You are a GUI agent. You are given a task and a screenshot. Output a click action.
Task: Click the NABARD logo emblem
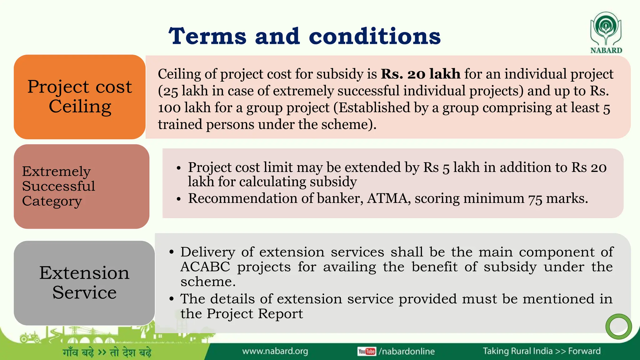pos(606,29)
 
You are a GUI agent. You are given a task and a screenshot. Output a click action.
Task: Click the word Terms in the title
pos(207,36)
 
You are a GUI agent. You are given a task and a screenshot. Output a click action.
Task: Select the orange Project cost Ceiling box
pos(80,97)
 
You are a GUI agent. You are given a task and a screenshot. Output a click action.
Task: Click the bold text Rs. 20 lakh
pos(420,74)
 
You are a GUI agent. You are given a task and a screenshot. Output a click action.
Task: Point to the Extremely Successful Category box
pos(81,186)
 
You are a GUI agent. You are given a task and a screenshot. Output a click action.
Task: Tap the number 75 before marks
pos(535,199)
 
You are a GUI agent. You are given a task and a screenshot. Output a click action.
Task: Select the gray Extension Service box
pos(84,282)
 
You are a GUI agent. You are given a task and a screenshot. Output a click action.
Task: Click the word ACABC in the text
pos(205,267)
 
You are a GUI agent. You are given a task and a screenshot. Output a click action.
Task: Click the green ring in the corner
pos(618,326)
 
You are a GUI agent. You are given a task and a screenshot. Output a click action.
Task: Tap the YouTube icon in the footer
pos(367,351)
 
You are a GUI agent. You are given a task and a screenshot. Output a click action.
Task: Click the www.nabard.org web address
pos(275,351)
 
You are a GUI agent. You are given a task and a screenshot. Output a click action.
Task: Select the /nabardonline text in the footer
pos(407,351)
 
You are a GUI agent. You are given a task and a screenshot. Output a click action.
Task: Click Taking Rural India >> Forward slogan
pos(542,351)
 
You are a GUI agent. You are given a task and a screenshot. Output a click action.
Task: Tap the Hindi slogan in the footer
pos(107,352)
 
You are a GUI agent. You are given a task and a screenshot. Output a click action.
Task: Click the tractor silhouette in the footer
pos(30,337)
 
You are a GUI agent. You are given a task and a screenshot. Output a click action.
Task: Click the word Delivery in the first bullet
pos(208,252)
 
